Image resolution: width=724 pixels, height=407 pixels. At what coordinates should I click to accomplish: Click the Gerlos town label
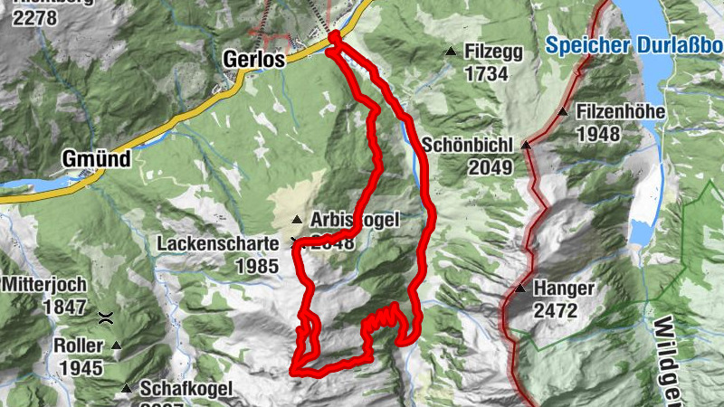click(253, 60)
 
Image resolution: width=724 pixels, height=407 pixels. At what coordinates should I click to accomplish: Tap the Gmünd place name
click(96, 159)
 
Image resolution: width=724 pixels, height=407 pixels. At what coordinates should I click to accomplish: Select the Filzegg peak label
click(493, 52)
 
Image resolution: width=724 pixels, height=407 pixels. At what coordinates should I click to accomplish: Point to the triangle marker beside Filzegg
click(451, 52)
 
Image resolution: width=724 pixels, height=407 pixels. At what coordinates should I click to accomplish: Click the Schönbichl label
click(467, 145)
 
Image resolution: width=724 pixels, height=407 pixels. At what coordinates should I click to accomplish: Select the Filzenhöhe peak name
click(621, 113)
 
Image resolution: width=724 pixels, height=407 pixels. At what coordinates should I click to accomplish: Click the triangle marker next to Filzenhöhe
click(563, 112)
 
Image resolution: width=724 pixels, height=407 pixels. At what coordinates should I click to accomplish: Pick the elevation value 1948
click(598, 135)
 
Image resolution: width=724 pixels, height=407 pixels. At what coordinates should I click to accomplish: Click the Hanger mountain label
click(564, 289)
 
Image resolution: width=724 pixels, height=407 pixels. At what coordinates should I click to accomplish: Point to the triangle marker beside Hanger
click(520, 289)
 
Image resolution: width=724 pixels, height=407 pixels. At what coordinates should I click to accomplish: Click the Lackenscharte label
click(215, 244)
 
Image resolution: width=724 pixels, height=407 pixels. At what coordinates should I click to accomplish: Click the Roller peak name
click(79, 345)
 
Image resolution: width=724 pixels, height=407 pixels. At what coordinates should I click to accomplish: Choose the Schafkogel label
click(186, 389)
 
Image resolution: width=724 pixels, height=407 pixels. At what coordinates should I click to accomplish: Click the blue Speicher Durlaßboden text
click(633, 43)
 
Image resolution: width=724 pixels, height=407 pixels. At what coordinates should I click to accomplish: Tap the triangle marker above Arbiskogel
click(296, 220)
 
